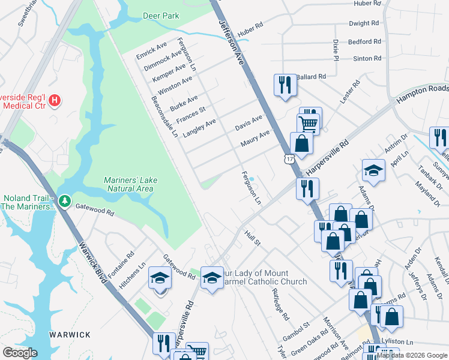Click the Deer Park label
[161, 16]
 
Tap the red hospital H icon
[55, 100]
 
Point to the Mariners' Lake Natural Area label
[128, 184]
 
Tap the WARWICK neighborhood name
[70, 335]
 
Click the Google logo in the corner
[19, 353]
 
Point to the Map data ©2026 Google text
[412, 355]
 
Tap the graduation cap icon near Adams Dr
[373, 170]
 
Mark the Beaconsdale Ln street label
[164, 116]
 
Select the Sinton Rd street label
[367, 58]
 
